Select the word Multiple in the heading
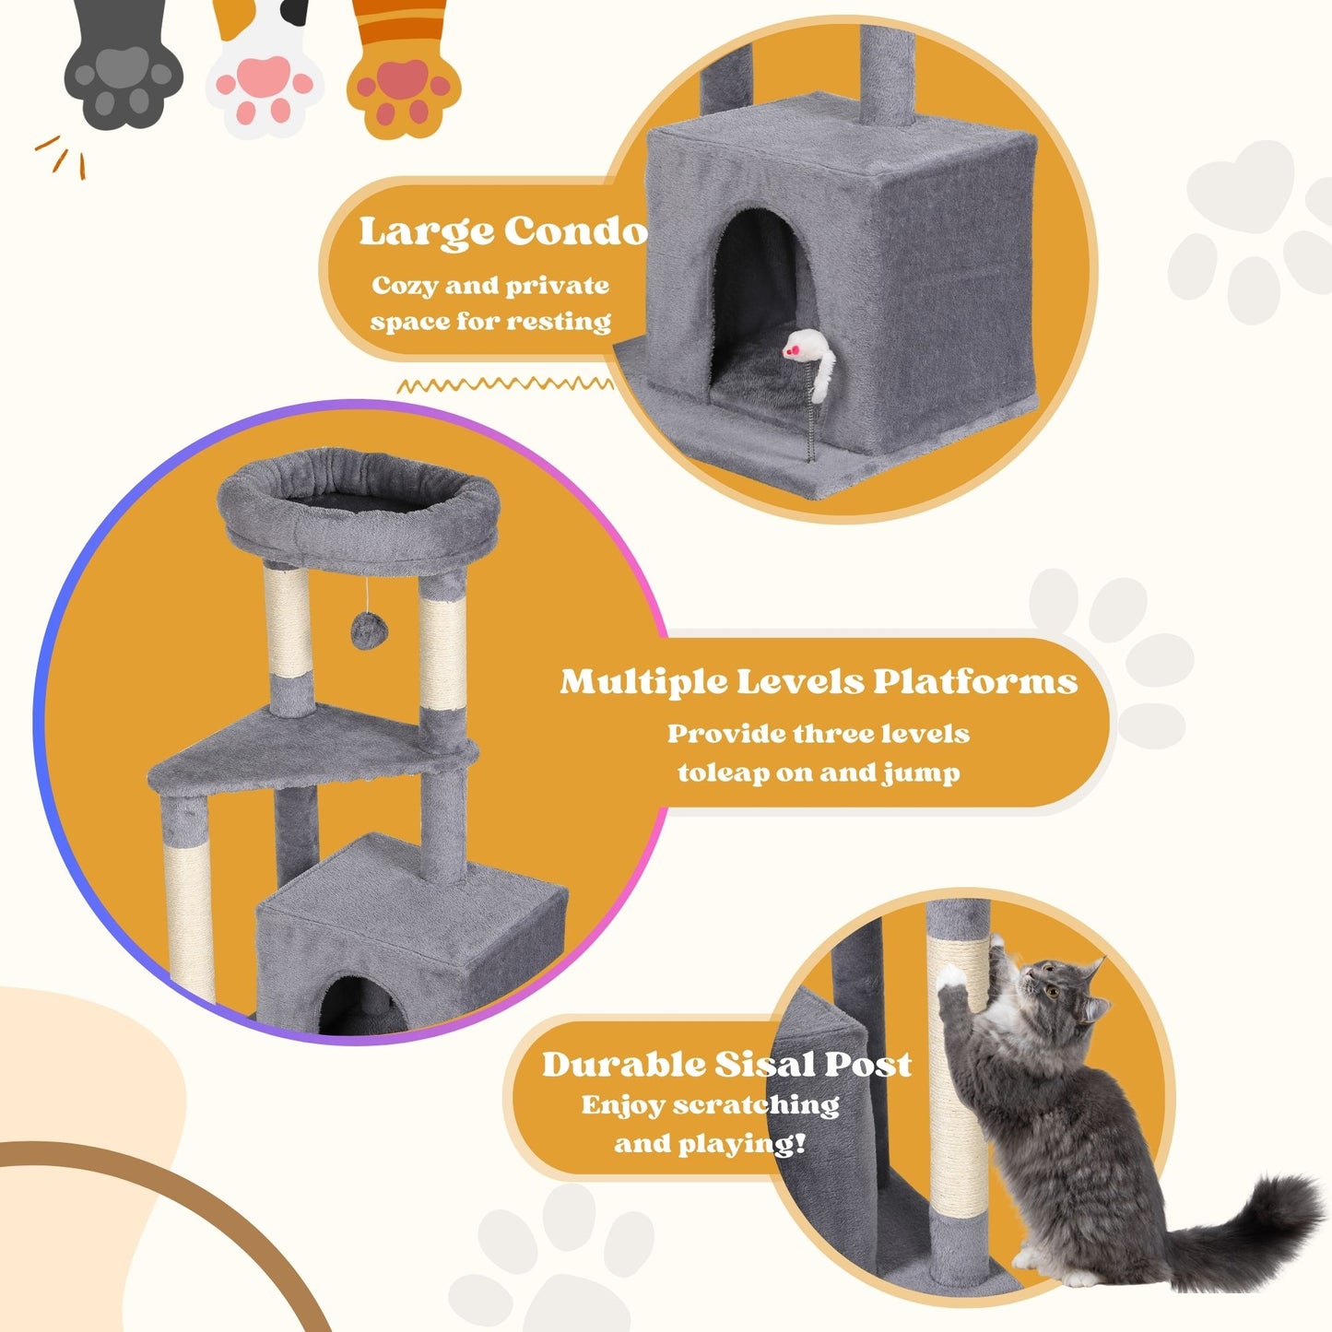pos(642,683)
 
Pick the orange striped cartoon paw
pos(404,83)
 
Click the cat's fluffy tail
pos(1254,1221)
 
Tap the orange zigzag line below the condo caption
pos(505,384)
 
